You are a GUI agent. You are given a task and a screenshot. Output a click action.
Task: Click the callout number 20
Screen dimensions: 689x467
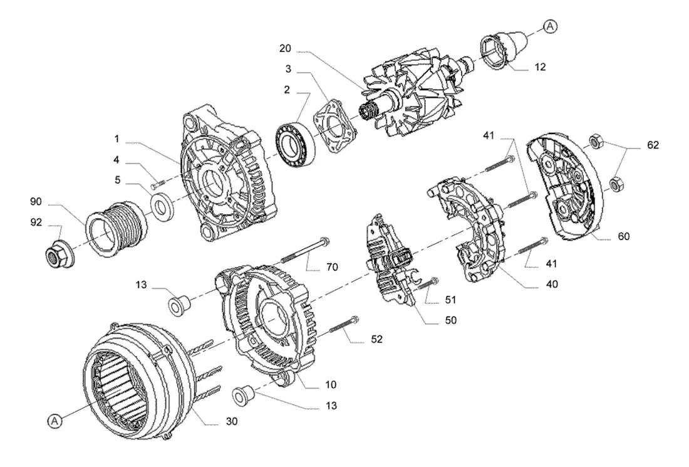tap(285, 48)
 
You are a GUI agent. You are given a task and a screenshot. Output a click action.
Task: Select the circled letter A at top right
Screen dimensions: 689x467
tap(550, 26)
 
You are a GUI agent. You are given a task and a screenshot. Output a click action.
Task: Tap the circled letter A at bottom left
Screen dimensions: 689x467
tap(54, 421)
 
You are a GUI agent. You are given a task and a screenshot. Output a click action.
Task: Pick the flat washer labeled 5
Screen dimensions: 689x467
tap(162, 206)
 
